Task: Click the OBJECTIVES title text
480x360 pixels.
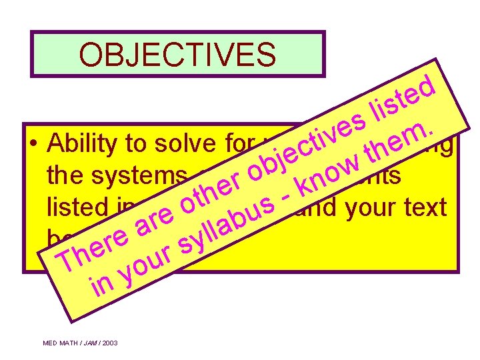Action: point(177,55)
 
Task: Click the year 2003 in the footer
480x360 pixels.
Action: point(109,343)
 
